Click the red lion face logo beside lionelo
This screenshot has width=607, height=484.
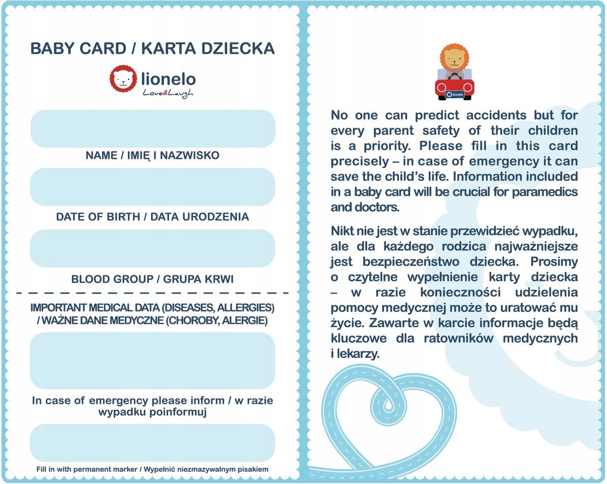(x=123, y=78)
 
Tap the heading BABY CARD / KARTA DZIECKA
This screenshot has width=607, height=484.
(x=152, y=48)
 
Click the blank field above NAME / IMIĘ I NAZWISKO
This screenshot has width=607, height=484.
(x=152, y=128)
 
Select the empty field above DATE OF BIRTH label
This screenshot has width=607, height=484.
(x=152, y=187)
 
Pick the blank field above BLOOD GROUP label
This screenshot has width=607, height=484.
(x=152, y=248)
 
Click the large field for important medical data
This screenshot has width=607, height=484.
(x=152, y=360)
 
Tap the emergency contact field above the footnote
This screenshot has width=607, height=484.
(x=152, y=443)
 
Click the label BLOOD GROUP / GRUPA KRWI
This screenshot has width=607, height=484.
(x=152, y=279)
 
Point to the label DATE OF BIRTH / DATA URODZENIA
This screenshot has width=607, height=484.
(x=152, y=217)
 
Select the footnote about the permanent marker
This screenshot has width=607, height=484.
(x=152, y=469)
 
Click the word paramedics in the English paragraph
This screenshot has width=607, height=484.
(x=545, y=192)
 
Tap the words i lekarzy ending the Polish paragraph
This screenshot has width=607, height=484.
(x=355, y=354)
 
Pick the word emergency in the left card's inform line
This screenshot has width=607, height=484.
(x=119, y=401)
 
